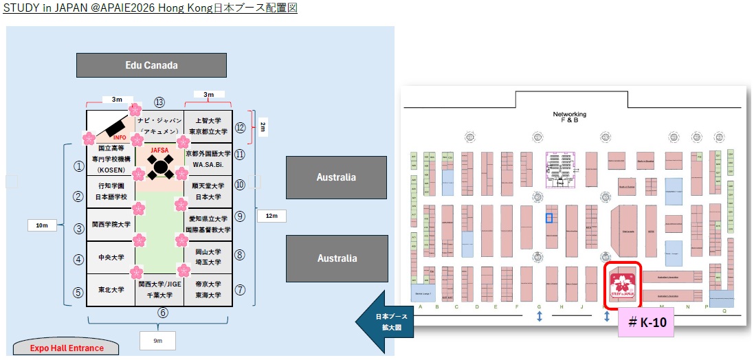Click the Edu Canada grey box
151,65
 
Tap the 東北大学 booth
111,290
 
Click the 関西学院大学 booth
111,225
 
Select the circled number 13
159,102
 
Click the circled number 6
163,313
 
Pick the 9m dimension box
157,340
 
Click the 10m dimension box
42,225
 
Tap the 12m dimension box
271,216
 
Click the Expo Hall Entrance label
67,348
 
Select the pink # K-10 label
647,321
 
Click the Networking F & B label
570,117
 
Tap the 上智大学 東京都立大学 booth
209,126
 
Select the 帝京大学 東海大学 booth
209,289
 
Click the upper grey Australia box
336,177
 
